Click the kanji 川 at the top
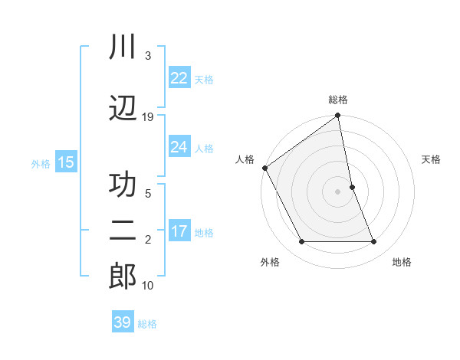pyautogui.click(x=123, y=47)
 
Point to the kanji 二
pyautogui.click(x=123, y=233)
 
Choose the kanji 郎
pyautogui.click(x=123, y=277)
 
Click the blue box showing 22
pyautogui.click(x=179, y=78)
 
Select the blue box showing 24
pyautogui.click(x=179, y=147)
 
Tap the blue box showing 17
pyautogui.click(x=179, y=232)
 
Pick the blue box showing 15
pyautogui.click(x=66, y=162)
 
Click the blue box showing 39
pyautogui.click(x=123, y=322)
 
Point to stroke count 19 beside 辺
pyautogui.click(x=148, y=116)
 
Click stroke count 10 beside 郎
pyautogui.click(x=148, y=285)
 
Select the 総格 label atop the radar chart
pyautogui.click(x=338, y=100)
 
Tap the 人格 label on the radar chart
pyautogui.click(x=245, y=159)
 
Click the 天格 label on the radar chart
pyautogui.click(x=432, y=159)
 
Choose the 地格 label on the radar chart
pyautogui.click(x=402, y=262)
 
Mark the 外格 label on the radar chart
pyautogui.click(x=270, y=262)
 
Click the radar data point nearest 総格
pyautogui.click(x=338, y=116)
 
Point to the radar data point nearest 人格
pyautogui.click(x=264, y=168)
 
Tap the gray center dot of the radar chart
pyautogui.click(x=338, y=191)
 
